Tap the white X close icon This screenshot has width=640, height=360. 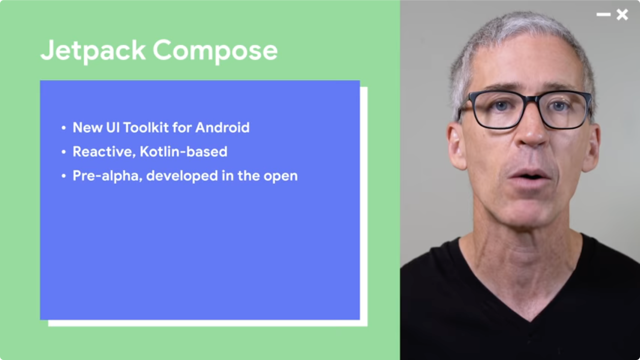pyautogui.click(x=622, y=15)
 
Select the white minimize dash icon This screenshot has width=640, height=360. pyautogui.click(x=603, y=15)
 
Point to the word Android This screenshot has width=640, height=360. pyautogui.click(x=222, y=127)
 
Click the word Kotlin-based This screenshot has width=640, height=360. pyautogui.click(x=184, y=151)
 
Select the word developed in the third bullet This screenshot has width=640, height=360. pyautogui.click(x=182, y=176)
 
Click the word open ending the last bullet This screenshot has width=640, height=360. pyautogui.click(x=281, y=177)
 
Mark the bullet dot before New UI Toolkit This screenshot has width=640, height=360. pyautogui.click(x=63, y=128)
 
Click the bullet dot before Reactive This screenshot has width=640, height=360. pyautogui.click(x=63, y=152)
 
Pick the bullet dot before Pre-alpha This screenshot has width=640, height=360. pyautogui.click(x=63, y=176)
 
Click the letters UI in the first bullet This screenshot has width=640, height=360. pyautogui.click(x=113, y=127)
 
